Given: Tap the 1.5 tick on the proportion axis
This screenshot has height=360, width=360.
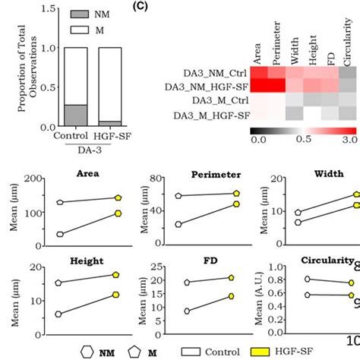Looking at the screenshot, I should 51,9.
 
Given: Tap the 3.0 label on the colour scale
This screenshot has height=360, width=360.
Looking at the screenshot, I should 348,139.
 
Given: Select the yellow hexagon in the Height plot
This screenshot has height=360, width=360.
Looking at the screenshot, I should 116,294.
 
